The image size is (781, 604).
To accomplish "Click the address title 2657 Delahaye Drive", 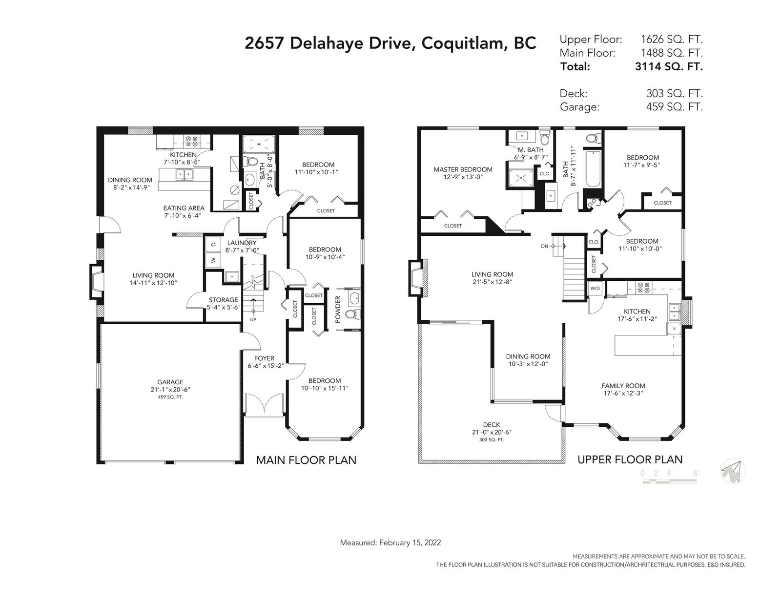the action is [x=328, y=43].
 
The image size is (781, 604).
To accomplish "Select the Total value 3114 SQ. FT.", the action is [x=669, y=66].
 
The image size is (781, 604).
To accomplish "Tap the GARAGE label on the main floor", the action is [x=170, y=382].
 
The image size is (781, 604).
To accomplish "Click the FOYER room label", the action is [x=264, y=358].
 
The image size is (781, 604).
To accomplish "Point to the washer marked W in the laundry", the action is [x=213, y=259].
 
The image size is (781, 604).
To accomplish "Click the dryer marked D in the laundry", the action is [x=213, y=244].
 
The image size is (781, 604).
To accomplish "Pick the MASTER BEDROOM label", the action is [x=463, y=169].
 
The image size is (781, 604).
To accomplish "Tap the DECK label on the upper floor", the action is [x=492, y=425].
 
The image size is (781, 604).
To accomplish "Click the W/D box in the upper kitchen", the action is [x=595, y=289].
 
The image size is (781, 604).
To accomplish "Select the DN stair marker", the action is [x=545, y=246].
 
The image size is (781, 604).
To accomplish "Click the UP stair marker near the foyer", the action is [x=253, y=319].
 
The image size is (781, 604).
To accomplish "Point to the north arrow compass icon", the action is [x=733, y=471].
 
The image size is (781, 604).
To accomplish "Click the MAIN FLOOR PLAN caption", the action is [x=306, y=460].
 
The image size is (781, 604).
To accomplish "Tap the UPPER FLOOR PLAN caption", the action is [x=630, y=459].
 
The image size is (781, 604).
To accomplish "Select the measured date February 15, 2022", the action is [x=410, y=542].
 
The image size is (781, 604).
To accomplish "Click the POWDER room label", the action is [x=338, y=310].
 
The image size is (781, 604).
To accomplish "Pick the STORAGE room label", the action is [x=224, y=299].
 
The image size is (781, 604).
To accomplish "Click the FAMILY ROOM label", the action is [x=623, y=386].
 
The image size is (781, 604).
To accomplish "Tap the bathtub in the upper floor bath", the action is [x=593, y=169].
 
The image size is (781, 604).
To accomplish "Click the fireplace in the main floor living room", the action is [x=96, y=282].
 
